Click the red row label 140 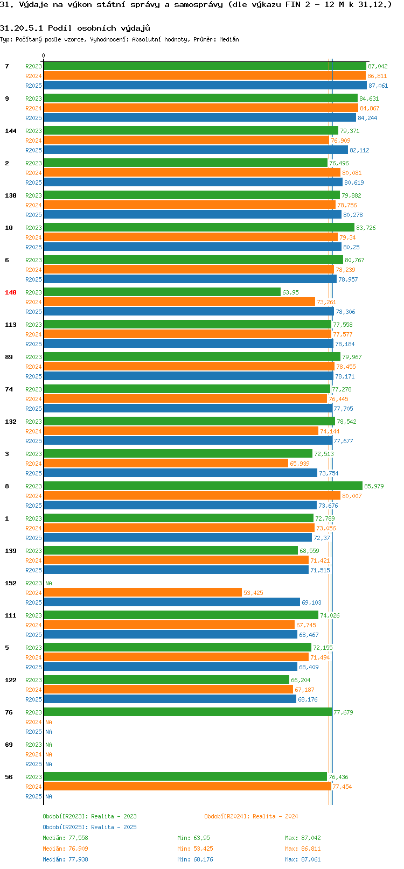(11, 292)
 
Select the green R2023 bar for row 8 (203, 486)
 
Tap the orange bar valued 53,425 (143, 593)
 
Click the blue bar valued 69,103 (172, 602)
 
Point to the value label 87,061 (378, 86)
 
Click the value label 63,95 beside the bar (290, 292)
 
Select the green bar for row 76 (187, 712)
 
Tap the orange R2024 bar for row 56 (187, 787)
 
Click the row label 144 (11, 131)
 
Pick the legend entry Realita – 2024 (251, 816)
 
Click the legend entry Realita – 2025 (89, 827)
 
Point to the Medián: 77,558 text (65, 838)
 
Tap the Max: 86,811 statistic (303, 849)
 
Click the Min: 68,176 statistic (195, 859)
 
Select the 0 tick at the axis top (44, 55)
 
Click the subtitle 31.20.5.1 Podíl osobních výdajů (75, 28)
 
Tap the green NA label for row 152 (49, 583)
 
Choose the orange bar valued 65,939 (166, 464)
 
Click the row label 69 (9, 745)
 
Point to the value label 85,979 (374, 486)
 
